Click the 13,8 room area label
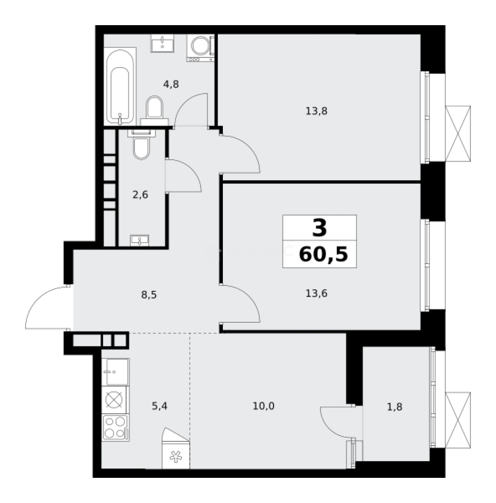(x=316, y=111)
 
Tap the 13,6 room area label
(x=316, y=293)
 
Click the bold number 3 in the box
(x=320, y=228)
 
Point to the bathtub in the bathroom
(x=120, y=86)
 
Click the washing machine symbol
(x=201, y=48)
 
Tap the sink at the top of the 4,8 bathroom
(x=162, y=43)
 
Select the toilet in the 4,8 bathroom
(x=154, y=111)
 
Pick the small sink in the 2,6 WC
(x=140, y=241)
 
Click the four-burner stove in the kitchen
(x=115, y=428)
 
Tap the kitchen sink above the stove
(x=115, y=372)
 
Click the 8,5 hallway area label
(x=149, y=294)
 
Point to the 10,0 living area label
(x=263, y=406)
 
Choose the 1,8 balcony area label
(x=395, y=407)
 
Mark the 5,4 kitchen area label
(x=159, y=406)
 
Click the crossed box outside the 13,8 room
(x=458, y=134)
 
